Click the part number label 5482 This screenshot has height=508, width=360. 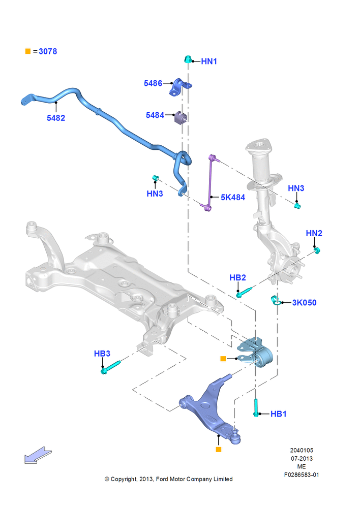56,118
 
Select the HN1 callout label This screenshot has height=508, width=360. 209,61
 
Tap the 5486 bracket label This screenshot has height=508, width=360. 153,83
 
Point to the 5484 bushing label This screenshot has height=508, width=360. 155,115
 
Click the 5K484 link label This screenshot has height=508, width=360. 233,197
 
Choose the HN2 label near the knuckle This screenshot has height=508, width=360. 314,233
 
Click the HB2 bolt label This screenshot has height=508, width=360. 238,278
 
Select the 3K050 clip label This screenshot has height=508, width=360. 304,303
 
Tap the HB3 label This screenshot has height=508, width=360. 102,354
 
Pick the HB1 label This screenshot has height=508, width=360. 279,414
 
